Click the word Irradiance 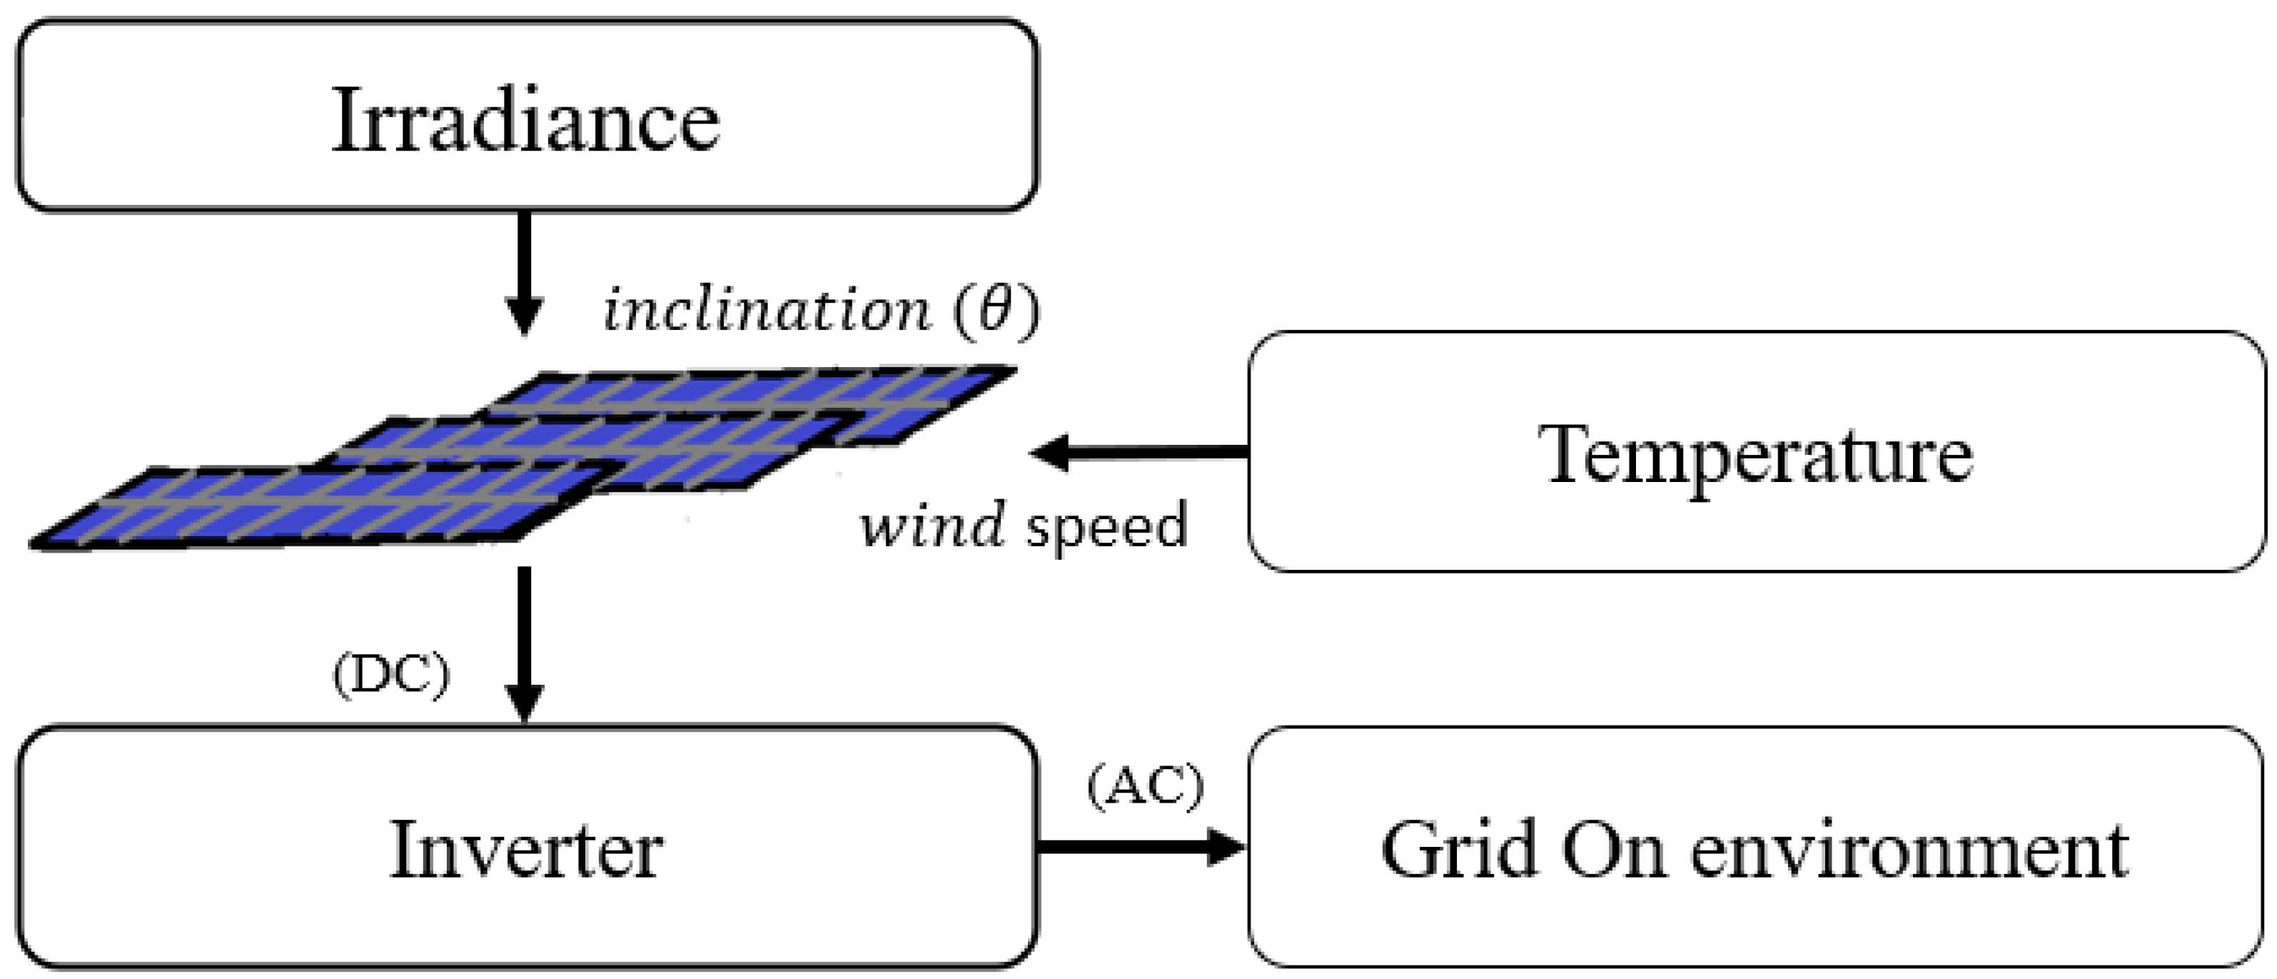coord(525,121)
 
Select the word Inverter coord(525,850)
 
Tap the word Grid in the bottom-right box coord(1458,850)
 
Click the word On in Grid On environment coord(1614,850)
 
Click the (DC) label coord(390,676)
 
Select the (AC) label coord(1145,785)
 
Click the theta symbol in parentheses coord(994,309)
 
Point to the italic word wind coord(932,524)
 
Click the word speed coord(1106,526)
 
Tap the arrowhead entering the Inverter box coord(524,703)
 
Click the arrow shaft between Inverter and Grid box coord(1123,846)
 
